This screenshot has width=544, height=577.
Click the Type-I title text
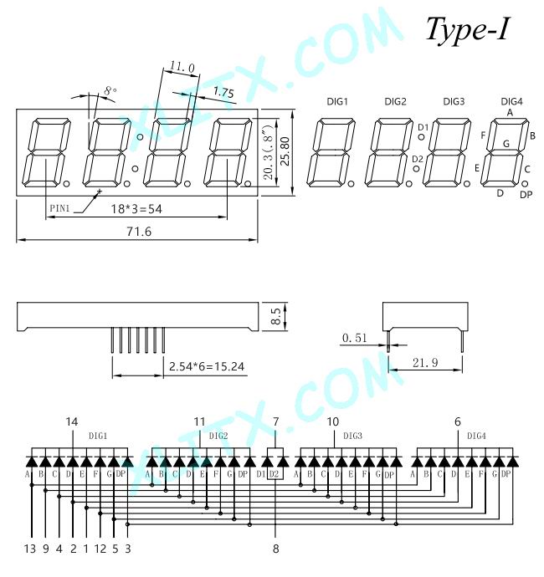[x=468, y=30]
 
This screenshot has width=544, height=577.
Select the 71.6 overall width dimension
[x=139, y=232]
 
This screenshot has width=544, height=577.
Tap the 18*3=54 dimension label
[x=136, y=209]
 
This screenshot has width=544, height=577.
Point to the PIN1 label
[x=59, y=208]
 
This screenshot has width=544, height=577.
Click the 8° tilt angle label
[x=110, y=90]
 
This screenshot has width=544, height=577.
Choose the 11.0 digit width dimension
[x=182, y=67]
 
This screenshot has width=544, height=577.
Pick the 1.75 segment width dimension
[x=223, y=92]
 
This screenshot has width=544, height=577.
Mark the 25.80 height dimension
[x=285, y=151]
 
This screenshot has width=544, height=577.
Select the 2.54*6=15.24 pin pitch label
[x=207, y=366]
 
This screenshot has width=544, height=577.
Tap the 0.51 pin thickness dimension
[x=354, y=338]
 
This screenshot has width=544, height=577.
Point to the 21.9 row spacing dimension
[x=425, y=363]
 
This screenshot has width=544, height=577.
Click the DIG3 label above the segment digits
[x=454, y=101]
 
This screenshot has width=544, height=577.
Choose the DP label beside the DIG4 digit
[x=526, y=195]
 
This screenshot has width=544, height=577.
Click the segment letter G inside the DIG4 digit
[x=506, y=144]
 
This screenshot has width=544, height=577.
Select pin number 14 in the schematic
[x=72, y=421]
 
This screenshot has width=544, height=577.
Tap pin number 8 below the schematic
[x=276, y=549]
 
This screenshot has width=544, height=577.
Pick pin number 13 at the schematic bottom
[x=30, y=549]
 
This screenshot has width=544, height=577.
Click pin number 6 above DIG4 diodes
[x=458, y=421]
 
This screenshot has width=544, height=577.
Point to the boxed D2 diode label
[x=274, y=474]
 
